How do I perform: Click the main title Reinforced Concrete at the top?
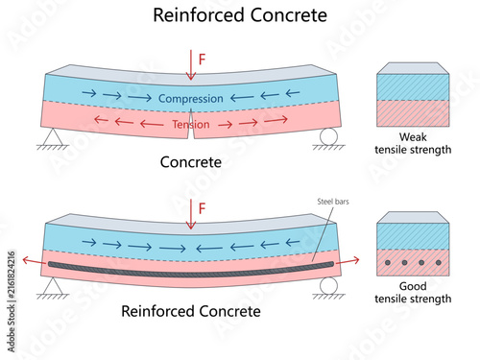coord(240,15)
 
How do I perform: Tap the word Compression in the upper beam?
coord(191,99)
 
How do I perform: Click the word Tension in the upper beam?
coord(191,124)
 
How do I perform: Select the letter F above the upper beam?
coord(202,60)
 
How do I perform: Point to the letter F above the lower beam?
coord(202,208)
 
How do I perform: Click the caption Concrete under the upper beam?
coord(191,162)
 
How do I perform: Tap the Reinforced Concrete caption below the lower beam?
coord(191,311)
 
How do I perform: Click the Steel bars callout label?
coord(333,202)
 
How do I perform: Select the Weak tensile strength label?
coord(413,143)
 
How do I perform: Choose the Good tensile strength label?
coord(413,293)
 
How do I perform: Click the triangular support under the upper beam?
coord(53,136)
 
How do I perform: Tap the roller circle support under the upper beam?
coord(328,136)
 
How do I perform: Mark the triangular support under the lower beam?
coord(53,286)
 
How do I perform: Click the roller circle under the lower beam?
coord(328,286)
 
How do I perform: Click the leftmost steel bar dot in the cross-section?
coord(388,263)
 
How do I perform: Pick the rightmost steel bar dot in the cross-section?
coord(439,263)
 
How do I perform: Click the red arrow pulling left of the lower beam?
coord(35,260)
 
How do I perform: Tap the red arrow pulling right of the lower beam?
coord(348,260)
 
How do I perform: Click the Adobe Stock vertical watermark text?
coord(12,301)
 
